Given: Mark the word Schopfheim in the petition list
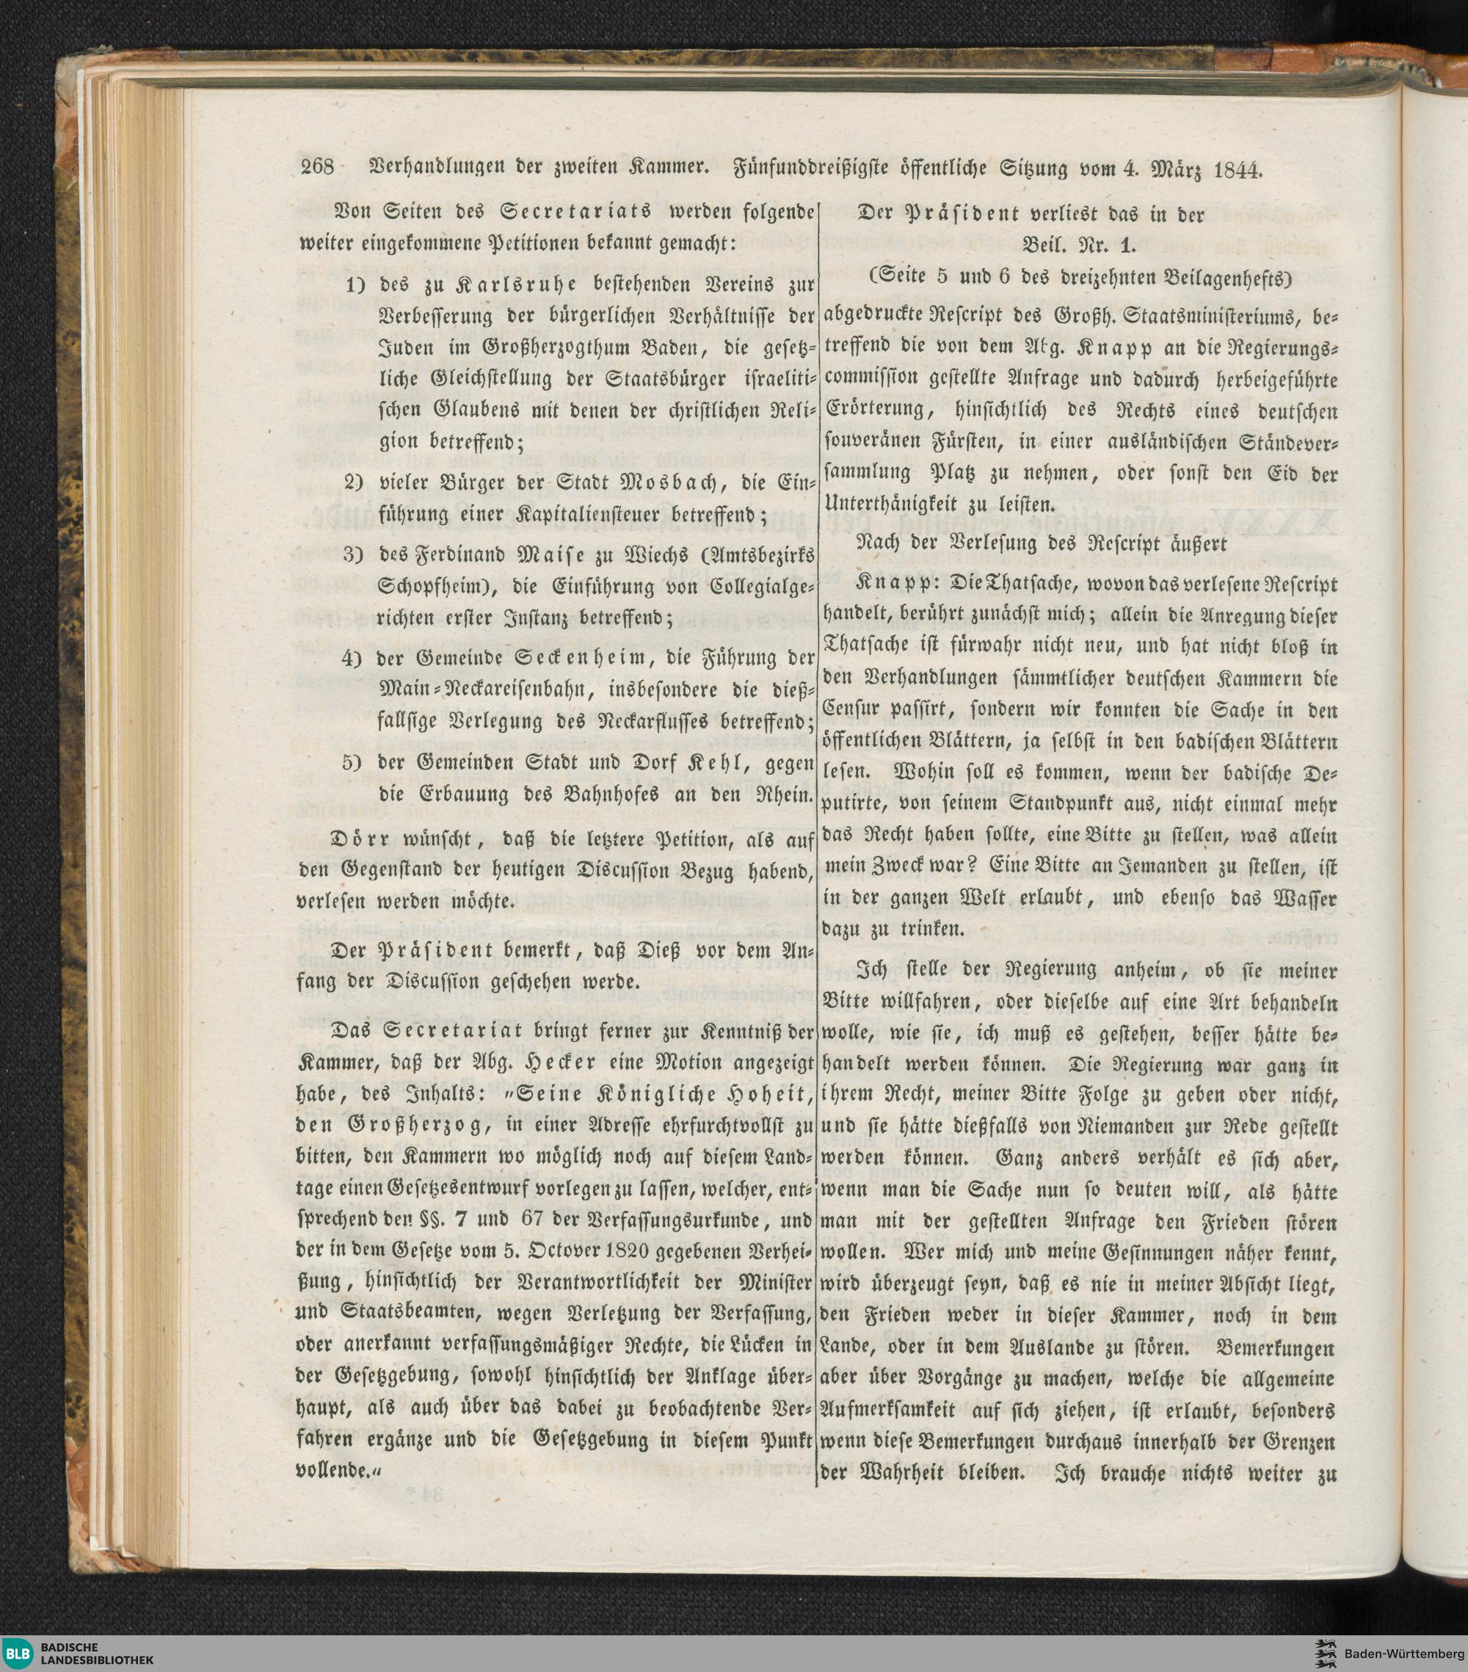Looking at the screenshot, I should point(429,587).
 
